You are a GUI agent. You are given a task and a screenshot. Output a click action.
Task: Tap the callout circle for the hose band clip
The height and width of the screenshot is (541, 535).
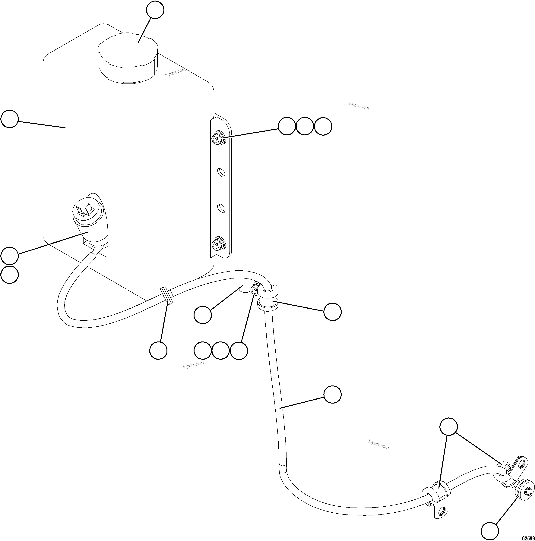point(158,350)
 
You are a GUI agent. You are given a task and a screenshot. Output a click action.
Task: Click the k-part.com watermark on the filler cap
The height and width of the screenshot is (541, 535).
point(175,72)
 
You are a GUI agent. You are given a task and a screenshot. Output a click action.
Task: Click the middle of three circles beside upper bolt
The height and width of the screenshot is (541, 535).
point(305,126)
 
